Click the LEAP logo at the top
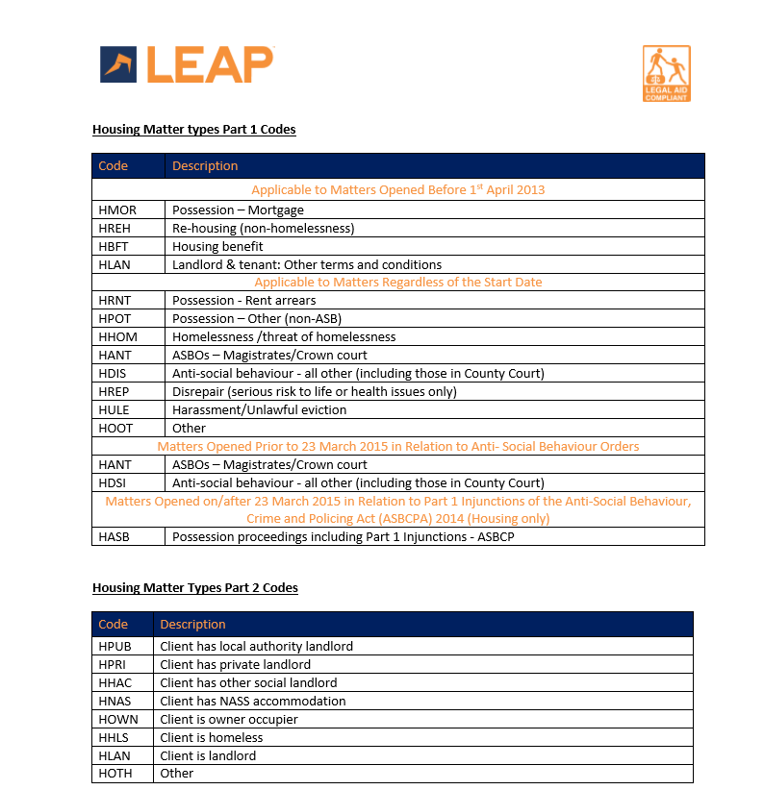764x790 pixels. pyautogui.click(x=187, y=64)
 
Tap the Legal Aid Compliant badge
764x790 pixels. pyautogui.click(x=666, y=73)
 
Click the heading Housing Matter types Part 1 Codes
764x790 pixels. pyautogui.click(x=193, y=129)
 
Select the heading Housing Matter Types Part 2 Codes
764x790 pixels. pyautogui.click(x=194, y=587)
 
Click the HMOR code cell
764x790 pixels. pyautogui.click(x=117, y=210)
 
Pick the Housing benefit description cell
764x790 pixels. pyautogui.click(x=217, y=246)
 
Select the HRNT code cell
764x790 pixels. pyautogui.click(x=115, y=301)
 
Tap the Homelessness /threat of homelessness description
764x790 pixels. pyautogui.click(x=284, y=336)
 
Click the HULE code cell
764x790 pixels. pyautogui.click(x=114, y=409)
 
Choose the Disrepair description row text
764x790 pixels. pyautogui.click(x=314, y=391)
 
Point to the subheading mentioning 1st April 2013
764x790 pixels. pyautogui.click(x=397, y=189)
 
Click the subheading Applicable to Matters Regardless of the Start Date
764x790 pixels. pyautogui.click(x=397, y=283)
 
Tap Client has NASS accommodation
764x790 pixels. pyautogui.click(x=253, y=701)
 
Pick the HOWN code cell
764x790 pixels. pyautogui.click(x=117, y=719)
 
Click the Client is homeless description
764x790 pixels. pyautogui.click(x=212, y=737)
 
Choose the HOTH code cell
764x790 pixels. pyautogui.click(x=115, y=773)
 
